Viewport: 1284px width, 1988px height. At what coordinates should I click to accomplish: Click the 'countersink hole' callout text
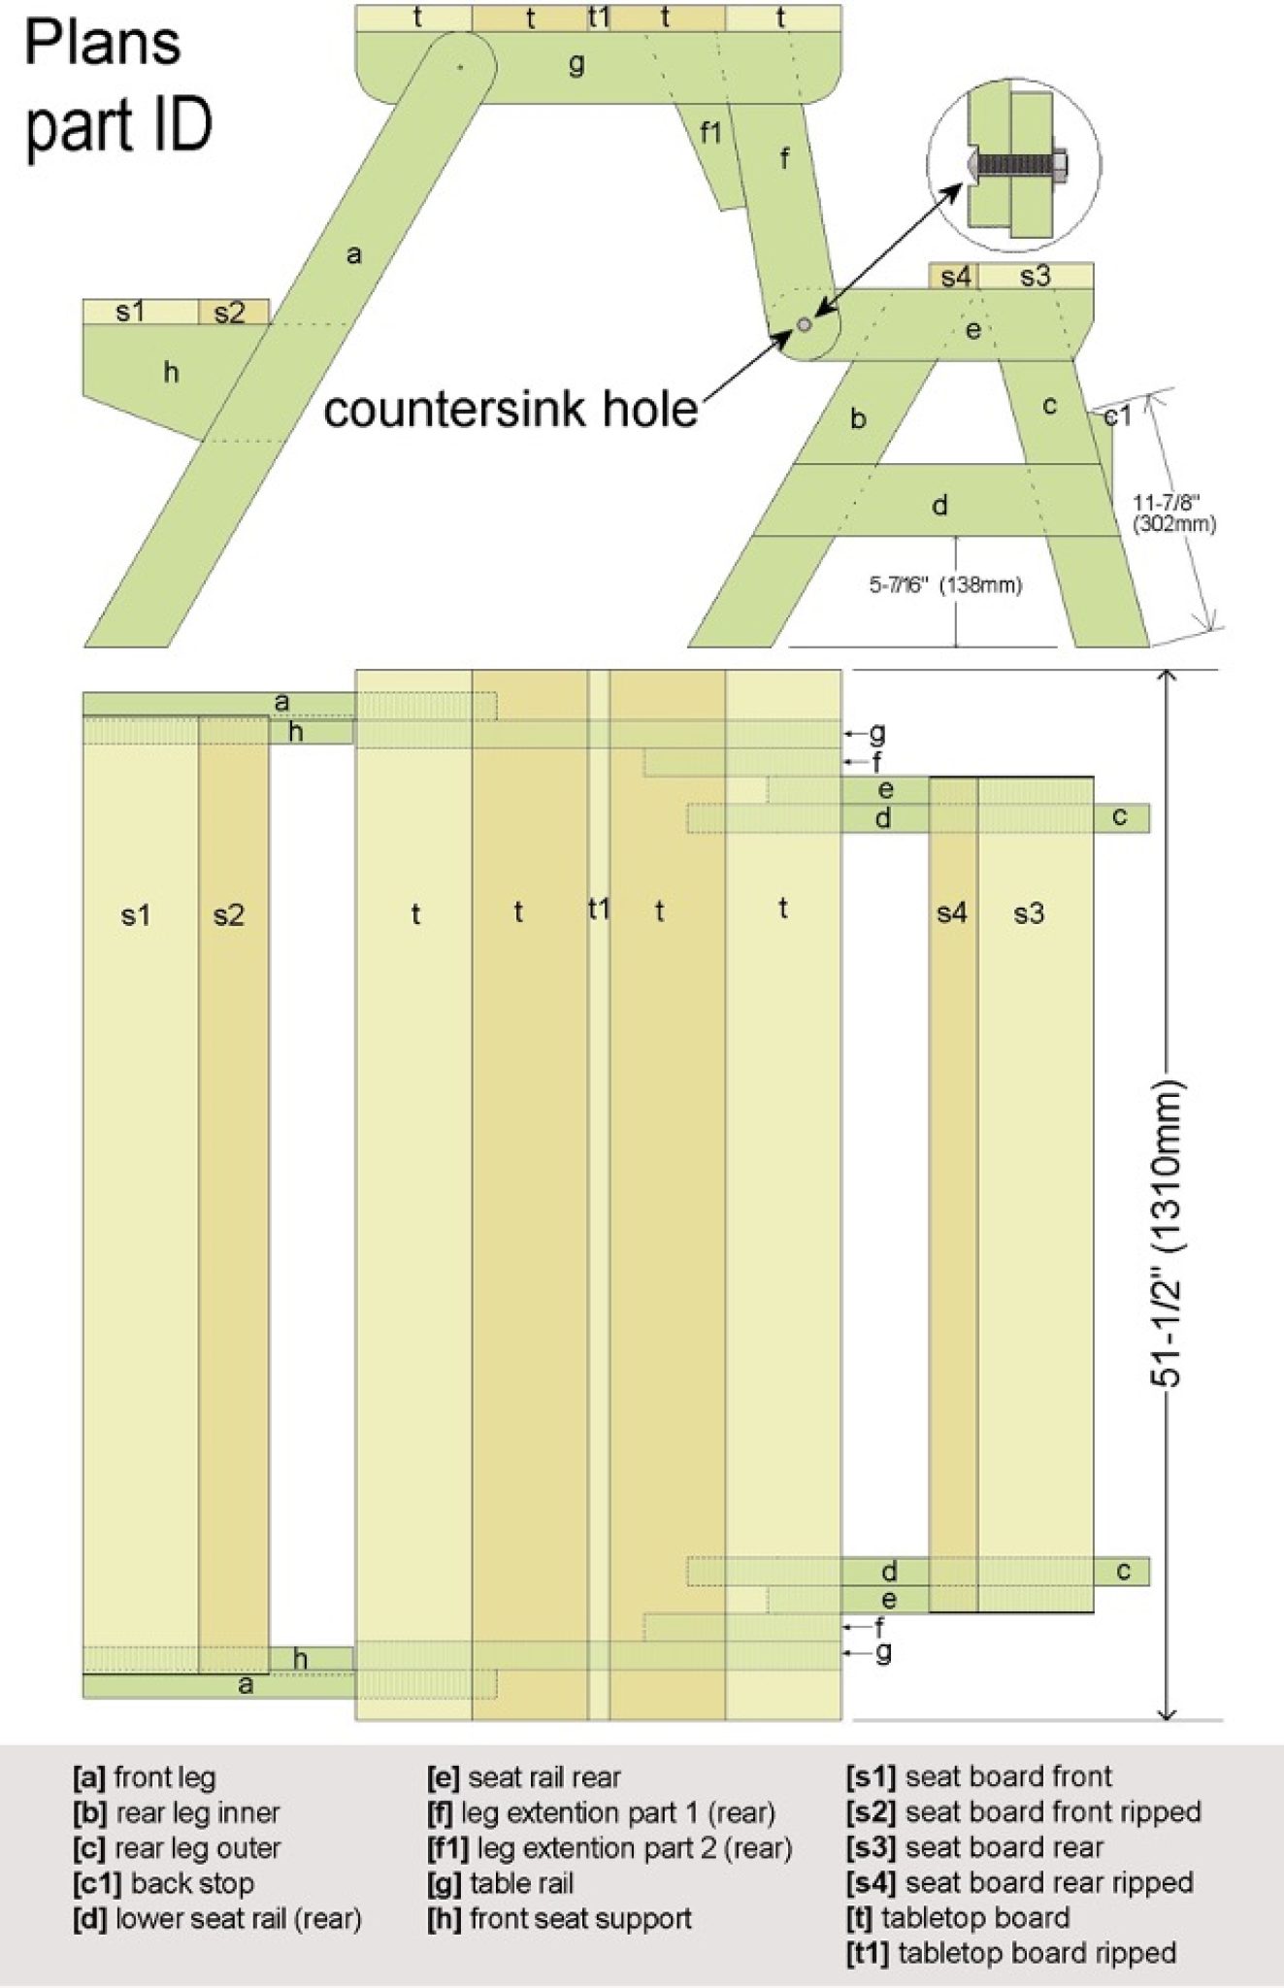[510, 410]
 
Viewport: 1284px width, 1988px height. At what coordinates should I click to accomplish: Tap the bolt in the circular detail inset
[1020, 164]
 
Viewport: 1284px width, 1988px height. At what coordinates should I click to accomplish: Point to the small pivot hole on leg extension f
[804, 325]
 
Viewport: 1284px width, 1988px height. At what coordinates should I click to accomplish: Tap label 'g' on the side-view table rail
[576, 64]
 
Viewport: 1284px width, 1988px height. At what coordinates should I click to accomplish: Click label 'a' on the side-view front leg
[354, 254]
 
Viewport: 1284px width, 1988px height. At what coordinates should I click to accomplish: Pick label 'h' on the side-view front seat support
[171, 372]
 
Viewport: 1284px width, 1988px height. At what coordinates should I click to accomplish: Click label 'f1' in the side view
[710, 132]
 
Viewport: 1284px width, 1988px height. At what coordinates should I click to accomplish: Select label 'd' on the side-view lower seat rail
[938, 505]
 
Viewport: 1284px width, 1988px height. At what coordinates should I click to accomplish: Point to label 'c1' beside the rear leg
[1117, 415]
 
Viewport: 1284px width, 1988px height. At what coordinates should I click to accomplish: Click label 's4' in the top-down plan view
[951, 912]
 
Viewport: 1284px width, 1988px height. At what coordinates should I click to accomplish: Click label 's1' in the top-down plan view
[136, 914]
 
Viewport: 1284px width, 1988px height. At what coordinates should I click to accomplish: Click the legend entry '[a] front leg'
[145, 1777]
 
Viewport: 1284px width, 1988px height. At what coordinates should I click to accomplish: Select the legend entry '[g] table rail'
[500, 1883]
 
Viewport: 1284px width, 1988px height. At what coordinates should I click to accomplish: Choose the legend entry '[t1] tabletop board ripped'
[1010, 1952]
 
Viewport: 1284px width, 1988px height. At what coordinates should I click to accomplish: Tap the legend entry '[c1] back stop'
[163, 1883]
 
